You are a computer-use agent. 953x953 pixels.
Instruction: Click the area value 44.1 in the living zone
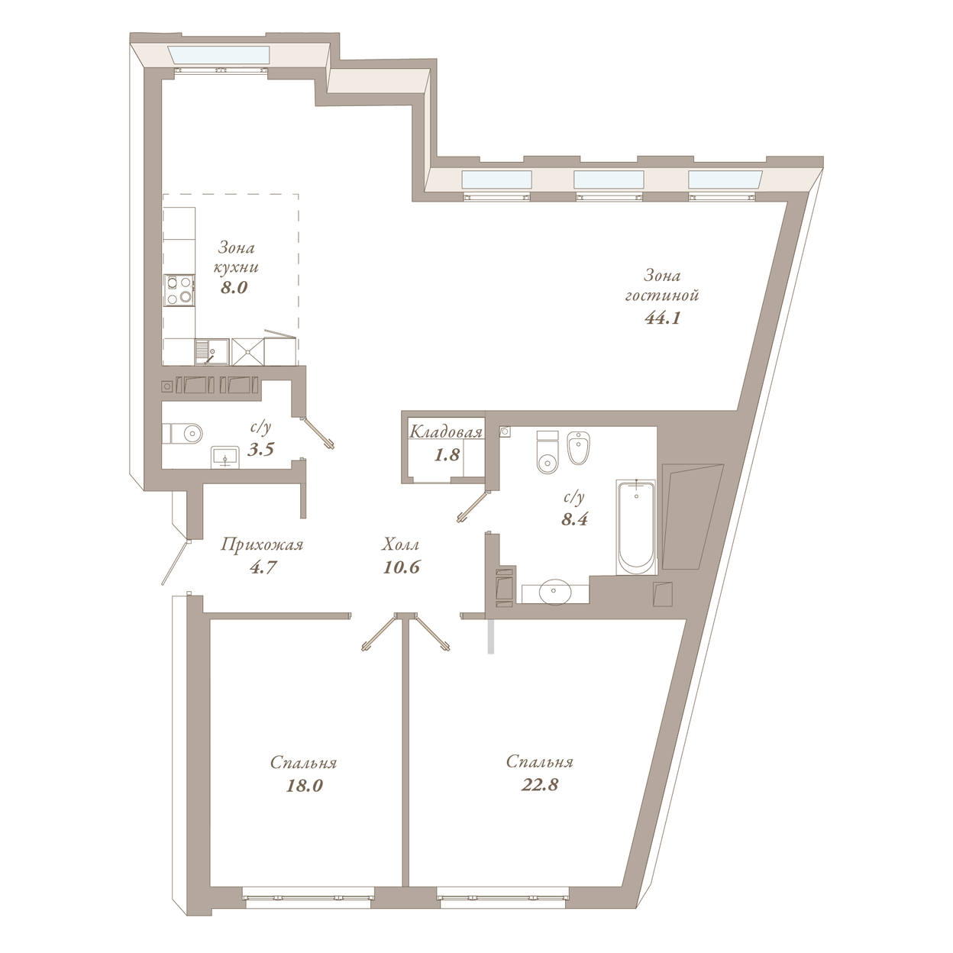[x=663, y=318]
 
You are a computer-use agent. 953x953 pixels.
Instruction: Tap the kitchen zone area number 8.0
[x=234, y=287]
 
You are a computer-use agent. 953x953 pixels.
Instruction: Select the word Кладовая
[x=446, y=432]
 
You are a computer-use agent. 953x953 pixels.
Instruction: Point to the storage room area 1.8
[x=447, y=455]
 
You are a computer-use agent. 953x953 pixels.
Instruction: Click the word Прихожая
[x=262, y=545]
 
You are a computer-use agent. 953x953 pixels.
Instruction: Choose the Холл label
[x=401, y=544]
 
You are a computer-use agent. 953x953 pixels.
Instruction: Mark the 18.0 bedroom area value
[x=304, y=785]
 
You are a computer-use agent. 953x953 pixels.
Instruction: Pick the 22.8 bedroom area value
[x=540, y=784]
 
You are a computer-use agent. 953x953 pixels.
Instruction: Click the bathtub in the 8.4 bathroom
[x=637, y=526]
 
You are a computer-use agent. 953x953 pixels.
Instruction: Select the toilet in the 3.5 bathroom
[x=183, y=434]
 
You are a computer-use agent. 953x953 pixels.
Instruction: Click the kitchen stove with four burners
[x=179, y=290]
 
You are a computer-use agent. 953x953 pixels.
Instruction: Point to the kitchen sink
[x=212, y=351]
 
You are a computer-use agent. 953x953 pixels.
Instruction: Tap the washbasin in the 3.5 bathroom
[x=225, y=457]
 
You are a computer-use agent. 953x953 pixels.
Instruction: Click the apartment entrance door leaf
[x=176, y=563]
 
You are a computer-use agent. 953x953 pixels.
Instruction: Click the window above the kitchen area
[x=219, y=56]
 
